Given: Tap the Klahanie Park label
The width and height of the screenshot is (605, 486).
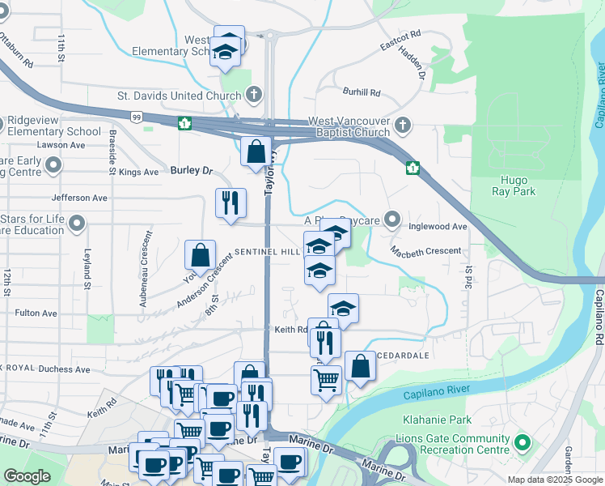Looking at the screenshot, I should (x=437, y=420).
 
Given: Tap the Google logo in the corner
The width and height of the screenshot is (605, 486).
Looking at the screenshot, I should (x=27, y=476).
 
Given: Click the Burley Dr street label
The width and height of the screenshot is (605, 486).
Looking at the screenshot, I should (x=191, y=171).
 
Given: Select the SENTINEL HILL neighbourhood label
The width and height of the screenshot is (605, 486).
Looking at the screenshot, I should (x=268, y=253).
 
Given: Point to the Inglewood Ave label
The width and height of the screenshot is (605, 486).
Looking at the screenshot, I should (x=438, y=227).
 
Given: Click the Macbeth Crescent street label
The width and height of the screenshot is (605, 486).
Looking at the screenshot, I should (x=425, y=251).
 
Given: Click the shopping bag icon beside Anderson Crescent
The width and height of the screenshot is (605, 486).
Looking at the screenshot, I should (x=201, y=255).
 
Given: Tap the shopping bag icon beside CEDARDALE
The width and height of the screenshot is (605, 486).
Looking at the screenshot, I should (x=360, y=366).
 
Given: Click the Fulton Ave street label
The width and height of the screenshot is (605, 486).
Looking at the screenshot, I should (x=36, y=313).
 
